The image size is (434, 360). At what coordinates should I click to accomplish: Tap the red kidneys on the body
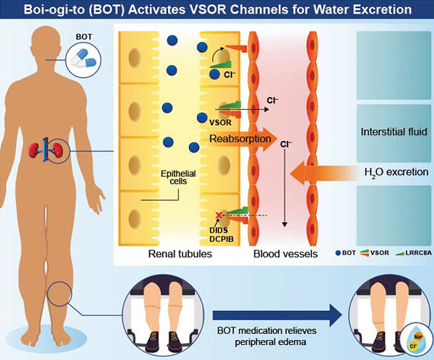pyautogui.click(x=46, y=150)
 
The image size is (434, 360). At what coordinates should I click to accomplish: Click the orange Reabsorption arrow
pyautogui.click(x=241, y=139)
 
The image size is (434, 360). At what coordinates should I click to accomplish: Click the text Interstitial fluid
pyautogui.click(x=394, y=132)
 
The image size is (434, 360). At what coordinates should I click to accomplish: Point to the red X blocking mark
pyautogui.click(x=219, y=215)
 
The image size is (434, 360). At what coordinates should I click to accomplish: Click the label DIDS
pyautogui.click(x=219, y=230)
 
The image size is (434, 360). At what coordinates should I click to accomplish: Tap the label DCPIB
pyautogui.click(x=221, y=239)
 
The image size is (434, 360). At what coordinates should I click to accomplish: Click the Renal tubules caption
pyautogui.click(x=180, y=254)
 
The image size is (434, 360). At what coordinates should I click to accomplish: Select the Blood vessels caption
pyautogui.click(x=285, y=254)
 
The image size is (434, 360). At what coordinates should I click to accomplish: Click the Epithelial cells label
pyautogui.click(x=179, y=178)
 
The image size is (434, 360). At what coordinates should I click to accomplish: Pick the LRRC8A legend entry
pyautogui.click(x=414, y=253)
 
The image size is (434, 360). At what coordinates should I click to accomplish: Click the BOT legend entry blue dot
pyautogui.click(x=338, y=253)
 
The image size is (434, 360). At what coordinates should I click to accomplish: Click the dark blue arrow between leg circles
pyautogui.click(x=277, y=315)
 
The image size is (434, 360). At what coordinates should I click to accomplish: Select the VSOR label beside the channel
pyautogui.click(x=220, y=122)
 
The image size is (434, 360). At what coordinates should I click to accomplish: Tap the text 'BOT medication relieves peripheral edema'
pyautogui.click(x=267, y=336)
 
